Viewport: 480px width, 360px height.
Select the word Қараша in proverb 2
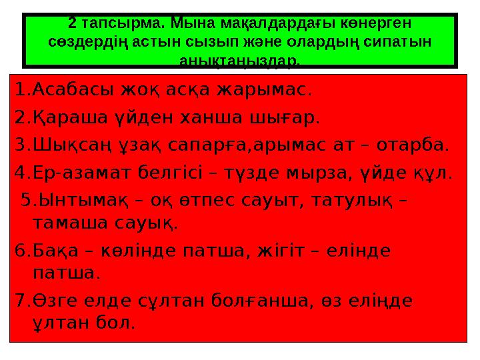(x=64, y=119)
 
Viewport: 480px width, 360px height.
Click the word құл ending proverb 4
(x=436, y=174)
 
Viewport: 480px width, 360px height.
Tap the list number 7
(x=19, y=301)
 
